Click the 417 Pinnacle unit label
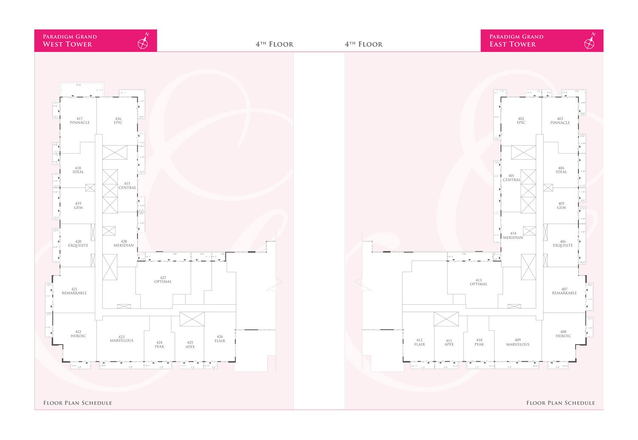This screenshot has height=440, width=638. point(80,121)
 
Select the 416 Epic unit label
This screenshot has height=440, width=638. point(118,121)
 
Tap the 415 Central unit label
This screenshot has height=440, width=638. point(127,186)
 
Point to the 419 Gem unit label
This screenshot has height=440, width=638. point(78,206)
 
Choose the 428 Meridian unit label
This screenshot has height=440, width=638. point(124,243)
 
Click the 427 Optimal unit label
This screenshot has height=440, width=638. point(163,280)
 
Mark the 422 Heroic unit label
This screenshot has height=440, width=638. point(78,334)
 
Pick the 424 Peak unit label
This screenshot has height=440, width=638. point(159,345)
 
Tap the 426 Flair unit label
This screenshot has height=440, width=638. point(220,339)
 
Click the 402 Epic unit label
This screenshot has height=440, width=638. point(521,121)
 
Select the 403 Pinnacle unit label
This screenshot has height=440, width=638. point(560,121)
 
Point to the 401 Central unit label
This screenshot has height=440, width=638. point(512,178)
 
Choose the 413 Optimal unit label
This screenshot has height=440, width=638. point(478,282)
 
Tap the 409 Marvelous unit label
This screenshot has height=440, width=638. point(518,342)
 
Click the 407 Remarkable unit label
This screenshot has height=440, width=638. point(564,291)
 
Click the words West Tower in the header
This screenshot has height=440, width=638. point(67,44)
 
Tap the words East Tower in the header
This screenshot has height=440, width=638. point(513,44)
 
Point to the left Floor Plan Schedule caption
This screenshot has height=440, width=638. point(77,403)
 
